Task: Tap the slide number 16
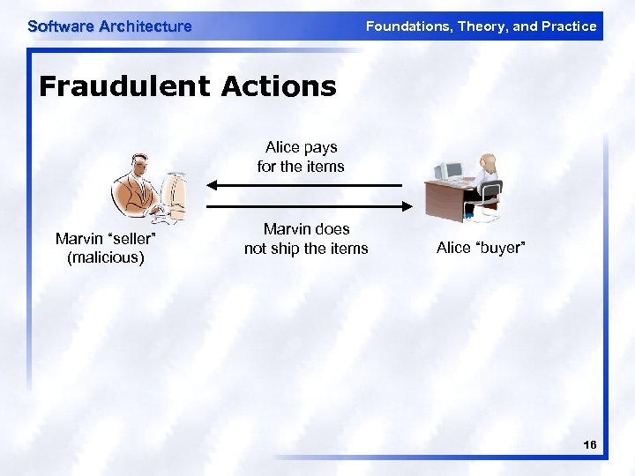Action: tap(590, 446)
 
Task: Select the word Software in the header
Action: tap(61, 26)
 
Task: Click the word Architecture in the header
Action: tap(146, 26)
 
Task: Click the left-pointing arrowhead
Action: tap(213, 185)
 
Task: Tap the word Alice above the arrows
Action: tap(283, 147)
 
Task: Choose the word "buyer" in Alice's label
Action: tap(500, 248)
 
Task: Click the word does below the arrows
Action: tap(331, 229)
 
